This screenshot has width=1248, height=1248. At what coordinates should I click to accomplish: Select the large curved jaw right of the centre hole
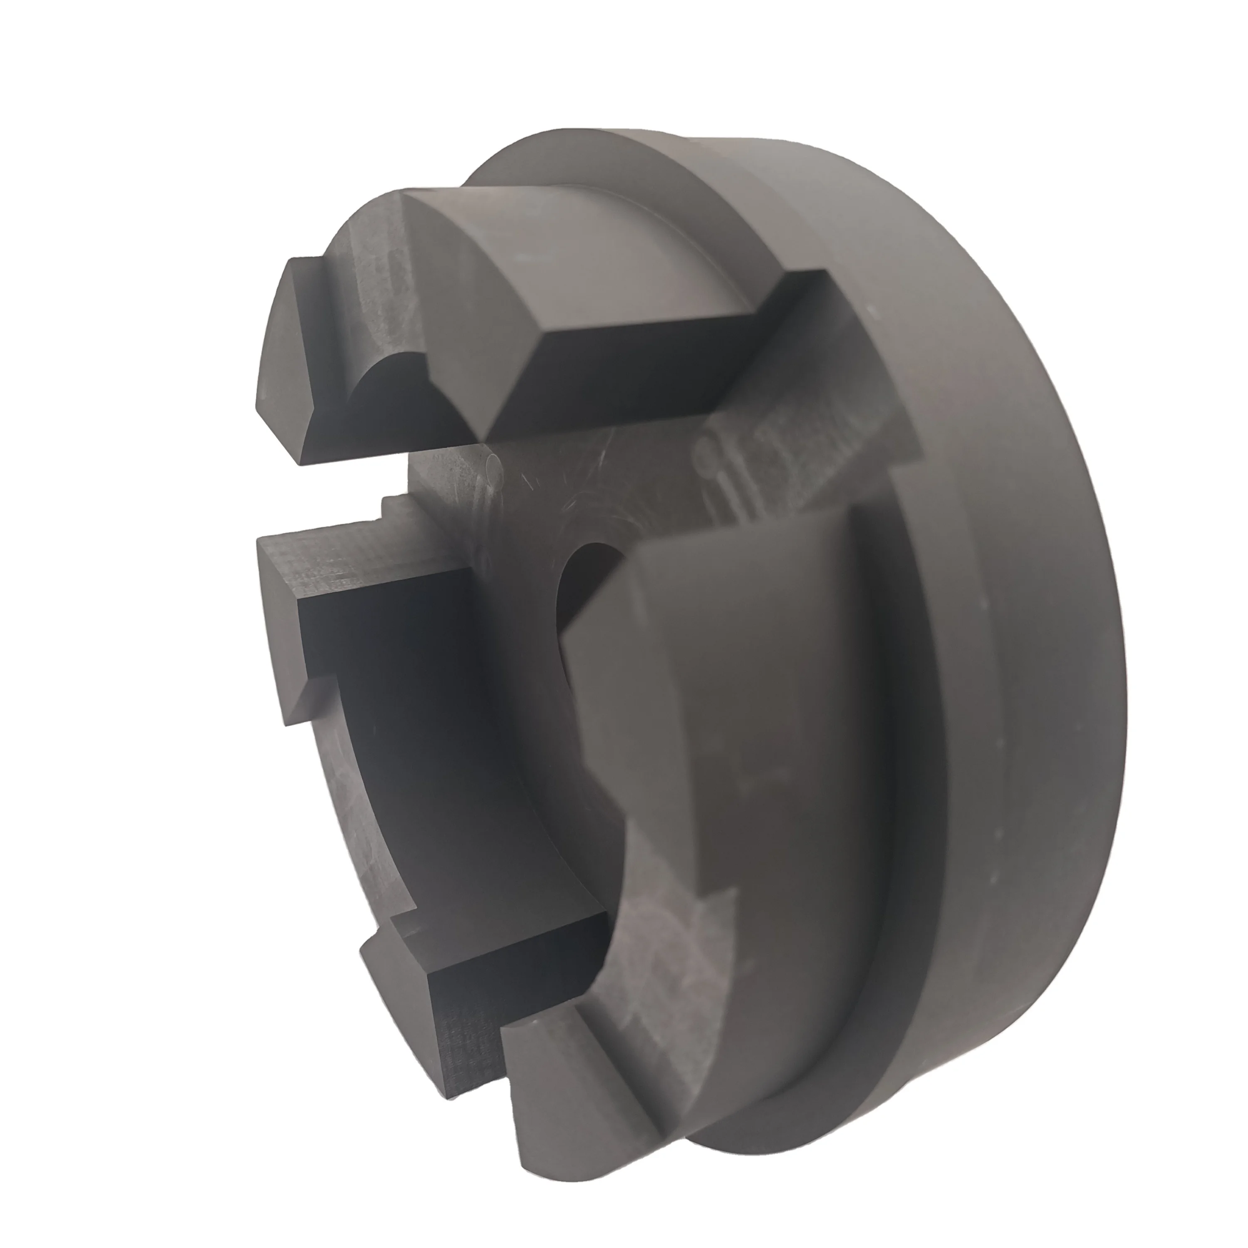coord(730,711)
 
